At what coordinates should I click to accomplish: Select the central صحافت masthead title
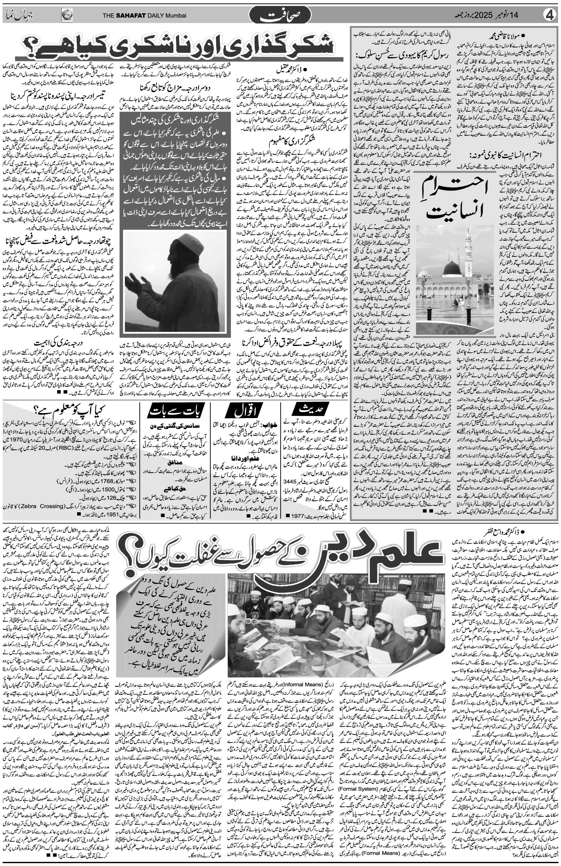[280, 15]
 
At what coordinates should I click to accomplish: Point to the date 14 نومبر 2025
[502, 15]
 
